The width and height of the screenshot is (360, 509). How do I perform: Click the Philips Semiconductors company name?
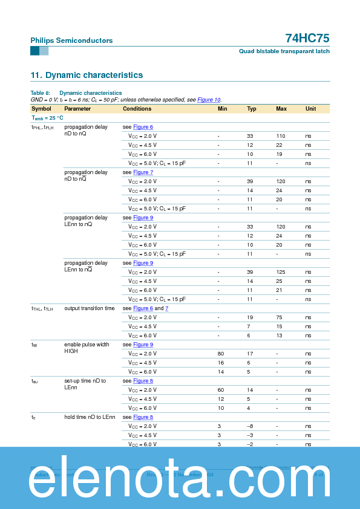point(71,41)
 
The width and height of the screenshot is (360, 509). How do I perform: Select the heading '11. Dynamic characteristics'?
point(87,75)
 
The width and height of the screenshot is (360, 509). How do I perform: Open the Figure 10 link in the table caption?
point(209,100)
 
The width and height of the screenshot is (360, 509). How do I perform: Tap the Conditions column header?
point(137,109)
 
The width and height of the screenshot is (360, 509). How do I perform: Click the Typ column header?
point(252,109)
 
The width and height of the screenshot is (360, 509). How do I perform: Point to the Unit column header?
point(310,109)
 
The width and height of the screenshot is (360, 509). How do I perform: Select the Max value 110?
point(281,136)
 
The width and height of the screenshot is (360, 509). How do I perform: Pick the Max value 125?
point(281,272)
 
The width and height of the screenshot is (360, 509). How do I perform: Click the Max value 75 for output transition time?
point(280,317)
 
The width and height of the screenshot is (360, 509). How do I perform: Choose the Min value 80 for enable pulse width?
point(221,354)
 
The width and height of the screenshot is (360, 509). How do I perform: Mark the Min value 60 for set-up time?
point(221,390)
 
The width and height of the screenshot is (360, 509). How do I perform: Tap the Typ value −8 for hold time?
point(250,426)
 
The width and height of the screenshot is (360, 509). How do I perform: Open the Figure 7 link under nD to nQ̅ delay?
point(143,172)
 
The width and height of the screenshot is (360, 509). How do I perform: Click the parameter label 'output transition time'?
point(89,308)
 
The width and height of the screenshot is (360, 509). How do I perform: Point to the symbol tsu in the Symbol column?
point(34,381)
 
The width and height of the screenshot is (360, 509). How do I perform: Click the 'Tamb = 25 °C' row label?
point(47,118)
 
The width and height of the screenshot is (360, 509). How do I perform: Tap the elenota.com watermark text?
point(180,479)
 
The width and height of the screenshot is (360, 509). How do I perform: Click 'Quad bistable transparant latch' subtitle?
point(284,52)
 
